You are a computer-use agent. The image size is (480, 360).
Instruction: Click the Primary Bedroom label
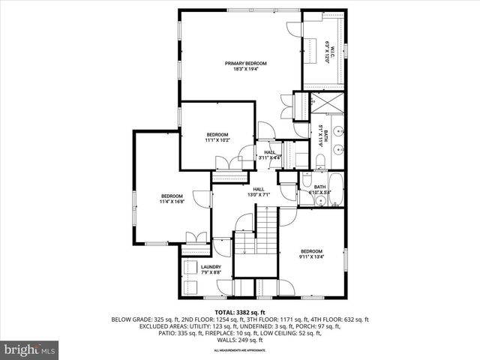tap(246, 66)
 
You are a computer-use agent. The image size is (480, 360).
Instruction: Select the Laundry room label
tap(210, 269)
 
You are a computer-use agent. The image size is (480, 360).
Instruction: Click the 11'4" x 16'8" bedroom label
tap(172, 199)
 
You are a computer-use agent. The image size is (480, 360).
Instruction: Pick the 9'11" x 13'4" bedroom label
tap(311, 253)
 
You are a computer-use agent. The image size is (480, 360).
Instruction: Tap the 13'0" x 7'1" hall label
tap(259, 192)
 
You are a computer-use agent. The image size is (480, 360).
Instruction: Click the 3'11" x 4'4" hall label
tap(269, 154)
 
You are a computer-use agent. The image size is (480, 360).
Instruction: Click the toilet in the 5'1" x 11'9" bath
tap(320, 160)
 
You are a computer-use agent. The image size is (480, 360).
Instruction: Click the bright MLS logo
tap(29, 349)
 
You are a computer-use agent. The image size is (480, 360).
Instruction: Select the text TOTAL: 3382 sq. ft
tap(239, 312)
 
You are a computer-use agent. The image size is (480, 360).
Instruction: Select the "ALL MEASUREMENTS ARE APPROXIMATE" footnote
tap(240, 350)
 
